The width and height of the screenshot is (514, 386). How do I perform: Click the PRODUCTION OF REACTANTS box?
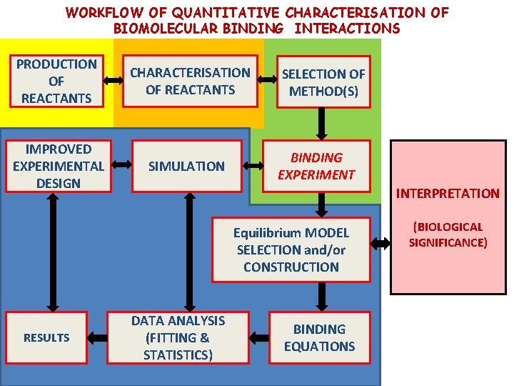(56, 81)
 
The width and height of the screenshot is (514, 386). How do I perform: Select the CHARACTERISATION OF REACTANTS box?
(190, 81)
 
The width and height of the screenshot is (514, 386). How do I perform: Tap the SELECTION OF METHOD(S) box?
(323, 82)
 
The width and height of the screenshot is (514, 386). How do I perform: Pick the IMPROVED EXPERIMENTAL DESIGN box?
(58, 166)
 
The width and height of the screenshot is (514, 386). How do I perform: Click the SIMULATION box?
(186, 166)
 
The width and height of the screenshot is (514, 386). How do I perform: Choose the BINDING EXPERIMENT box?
(316, 166)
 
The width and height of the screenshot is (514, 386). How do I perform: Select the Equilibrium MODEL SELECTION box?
(291, 249)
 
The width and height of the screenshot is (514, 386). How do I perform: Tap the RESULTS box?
(46, 337)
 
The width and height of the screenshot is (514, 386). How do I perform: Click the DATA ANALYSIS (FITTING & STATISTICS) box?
(178, 337)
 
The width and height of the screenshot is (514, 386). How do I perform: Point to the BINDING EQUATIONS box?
(319, 337)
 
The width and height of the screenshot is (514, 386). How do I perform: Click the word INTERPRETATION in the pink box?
(448, 193)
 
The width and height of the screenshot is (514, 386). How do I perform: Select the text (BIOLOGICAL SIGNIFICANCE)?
(448, 234)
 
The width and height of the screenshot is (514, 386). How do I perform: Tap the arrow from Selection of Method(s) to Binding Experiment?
(323, 124)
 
